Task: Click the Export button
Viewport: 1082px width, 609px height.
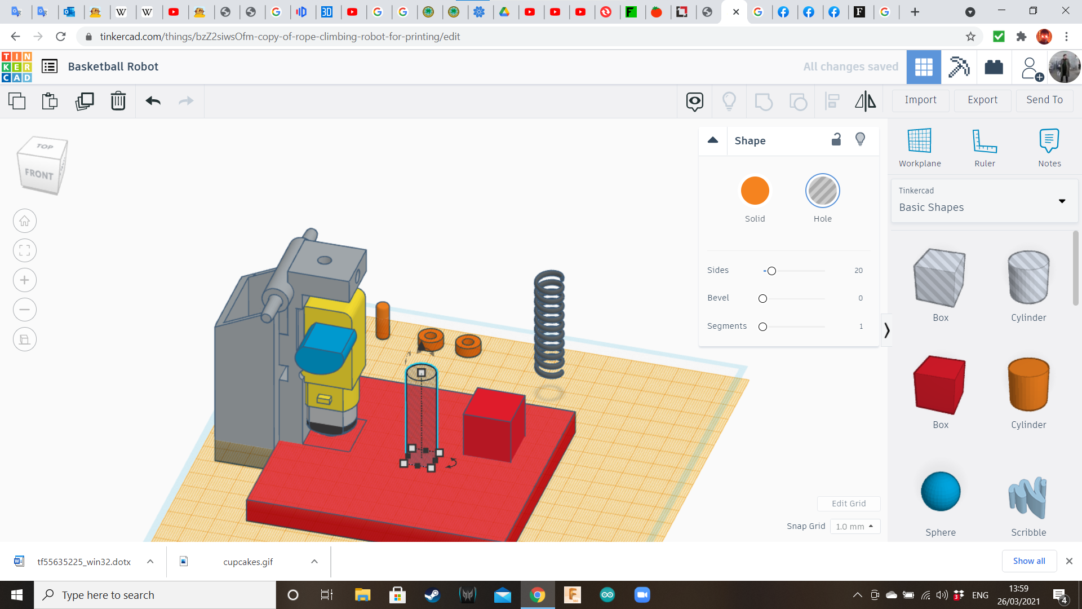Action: click(x=982, y=100)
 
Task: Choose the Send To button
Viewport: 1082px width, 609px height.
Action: click(x=1044, y=100)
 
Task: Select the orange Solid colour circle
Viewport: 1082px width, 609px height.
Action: click(x=755, y=191)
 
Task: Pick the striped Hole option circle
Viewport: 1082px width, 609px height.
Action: click(x=822, y=191)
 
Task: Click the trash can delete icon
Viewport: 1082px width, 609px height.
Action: click(x=118, y=101)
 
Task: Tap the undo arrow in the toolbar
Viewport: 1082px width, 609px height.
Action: click(x=153, y=101)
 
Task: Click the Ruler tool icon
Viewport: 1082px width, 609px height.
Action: click(x=985, y=141)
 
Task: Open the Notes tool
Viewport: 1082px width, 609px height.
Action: click(x=1049, y=141)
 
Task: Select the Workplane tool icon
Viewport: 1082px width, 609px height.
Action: click(x=919, y=141)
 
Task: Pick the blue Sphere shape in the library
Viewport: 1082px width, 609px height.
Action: click(x=940, y=491)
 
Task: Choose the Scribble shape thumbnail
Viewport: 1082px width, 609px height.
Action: click(x=1028, y=497)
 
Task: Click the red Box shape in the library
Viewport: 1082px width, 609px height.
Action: click(x=939, y=385)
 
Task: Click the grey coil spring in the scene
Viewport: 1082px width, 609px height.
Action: click(x=549, y=324)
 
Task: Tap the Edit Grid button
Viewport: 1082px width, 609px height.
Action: click(x=848, y=504)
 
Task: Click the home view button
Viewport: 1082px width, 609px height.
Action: click(x=25, y=221)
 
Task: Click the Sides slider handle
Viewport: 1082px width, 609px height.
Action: click(x=771, y=271)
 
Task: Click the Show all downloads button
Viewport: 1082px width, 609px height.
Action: click(x=1028, y=561)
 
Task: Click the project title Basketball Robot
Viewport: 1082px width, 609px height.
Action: click(x=113, y=67)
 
